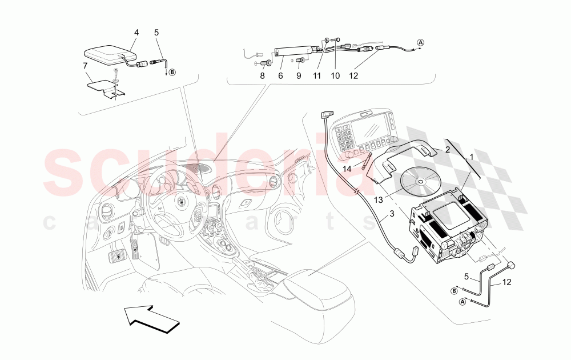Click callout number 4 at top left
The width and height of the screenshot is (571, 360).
(x=136, y=33)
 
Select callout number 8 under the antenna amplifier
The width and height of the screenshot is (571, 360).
(x=263, y=75)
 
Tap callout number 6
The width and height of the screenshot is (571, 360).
(x=280, y=75)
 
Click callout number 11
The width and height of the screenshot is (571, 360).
(x=317, y=75)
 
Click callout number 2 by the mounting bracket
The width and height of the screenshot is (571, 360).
(x=448, y=149)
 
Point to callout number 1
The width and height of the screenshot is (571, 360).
(x=472, y=156)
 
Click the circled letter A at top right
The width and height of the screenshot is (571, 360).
(x=421, y=42)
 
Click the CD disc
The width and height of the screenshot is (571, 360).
(x=420, y=182)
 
